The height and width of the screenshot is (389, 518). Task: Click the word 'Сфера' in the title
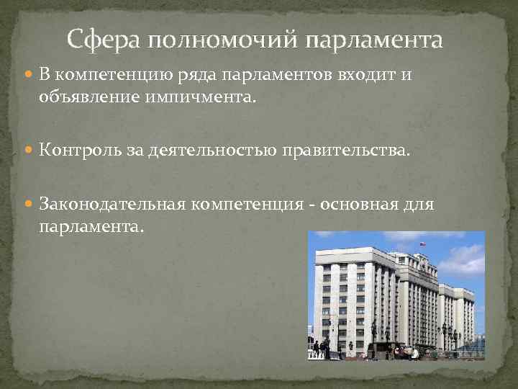tap(105, 39)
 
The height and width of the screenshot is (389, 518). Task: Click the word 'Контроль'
tap(76, 151)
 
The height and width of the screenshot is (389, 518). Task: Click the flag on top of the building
tap(422, 244)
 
